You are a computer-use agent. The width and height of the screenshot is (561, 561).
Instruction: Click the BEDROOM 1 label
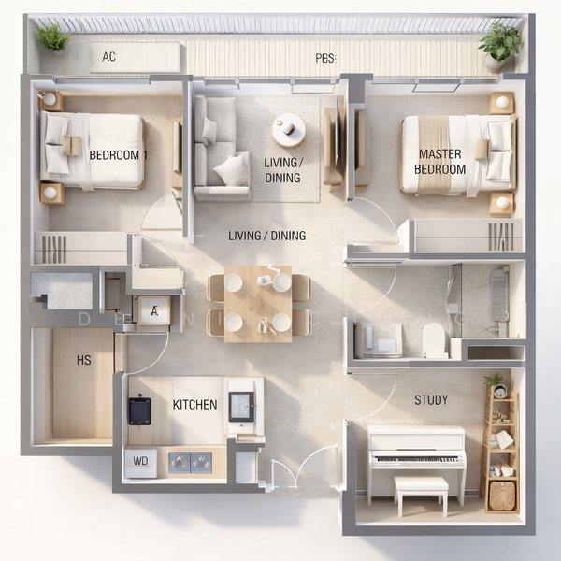click(118, 154)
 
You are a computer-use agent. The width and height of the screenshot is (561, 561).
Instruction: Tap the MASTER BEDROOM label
click(440, 162)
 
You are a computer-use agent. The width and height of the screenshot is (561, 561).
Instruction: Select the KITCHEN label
click(195, 405)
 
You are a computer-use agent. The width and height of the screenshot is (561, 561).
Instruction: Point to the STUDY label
click(431, 400)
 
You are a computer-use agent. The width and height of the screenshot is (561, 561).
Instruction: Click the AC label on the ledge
click(109, 56)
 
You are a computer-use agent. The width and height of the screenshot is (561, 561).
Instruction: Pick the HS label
click(84, 361)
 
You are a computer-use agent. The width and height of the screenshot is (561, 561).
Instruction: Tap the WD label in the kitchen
click(141, 461)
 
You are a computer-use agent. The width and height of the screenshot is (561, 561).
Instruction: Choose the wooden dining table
click(257, 302)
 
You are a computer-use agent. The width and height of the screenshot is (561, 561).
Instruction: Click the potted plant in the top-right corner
click(500, 43)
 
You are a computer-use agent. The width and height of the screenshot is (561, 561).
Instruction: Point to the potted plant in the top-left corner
click(52, 37)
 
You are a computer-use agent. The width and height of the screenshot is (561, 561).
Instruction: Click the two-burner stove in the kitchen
click(189, 461)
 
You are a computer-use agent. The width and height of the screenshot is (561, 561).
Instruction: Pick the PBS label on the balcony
click(325, 58)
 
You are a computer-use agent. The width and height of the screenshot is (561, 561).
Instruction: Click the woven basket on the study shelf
click(502, 495)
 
